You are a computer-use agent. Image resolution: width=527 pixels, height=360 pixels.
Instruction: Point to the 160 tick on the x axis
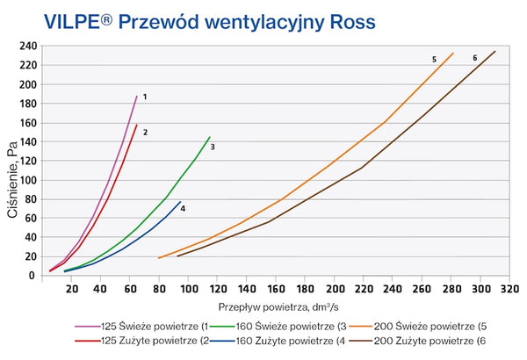coord(277,288)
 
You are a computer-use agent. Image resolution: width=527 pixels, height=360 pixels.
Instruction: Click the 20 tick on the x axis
coord(72,288)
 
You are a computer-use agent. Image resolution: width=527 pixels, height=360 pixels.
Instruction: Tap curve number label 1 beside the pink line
coord(144,96)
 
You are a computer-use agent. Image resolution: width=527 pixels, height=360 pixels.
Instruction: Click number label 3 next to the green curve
coord(213,147)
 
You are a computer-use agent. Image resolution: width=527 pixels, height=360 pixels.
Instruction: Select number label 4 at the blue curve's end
coord(184,208)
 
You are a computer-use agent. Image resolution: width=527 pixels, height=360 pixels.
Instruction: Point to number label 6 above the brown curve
coord(475,58)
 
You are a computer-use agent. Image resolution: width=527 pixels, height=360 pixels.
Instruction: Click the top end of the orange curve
coord(452,54)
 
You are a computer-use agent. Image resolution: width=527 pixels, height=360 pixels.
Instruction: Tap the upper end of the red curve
coord(137,125)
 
